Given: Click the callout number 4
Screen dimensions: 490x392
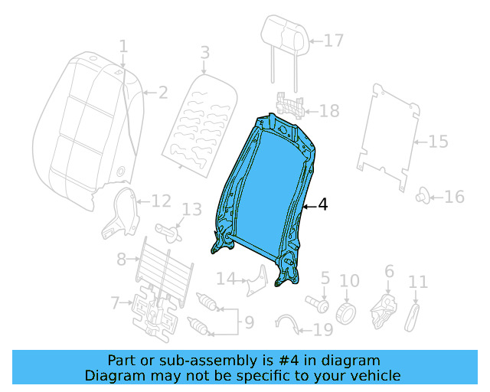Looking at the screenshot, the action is click(322, 205).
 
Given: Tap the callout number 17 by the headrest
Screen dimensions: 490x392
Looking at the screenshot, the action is click(333, 41).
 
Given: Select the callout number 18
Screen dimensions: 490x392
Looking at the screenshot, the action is click(328, 112).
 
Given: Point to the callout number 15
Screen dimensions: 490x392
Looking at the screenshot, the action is click(437, 142).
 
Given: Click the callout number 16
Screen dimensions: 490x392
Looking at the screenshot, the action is click(454, 198).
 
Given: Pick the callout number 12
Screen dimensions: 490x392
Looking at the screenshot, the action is click(161, 201).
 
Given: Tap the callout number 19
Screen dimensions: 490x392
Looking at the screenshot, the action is click(323, 330).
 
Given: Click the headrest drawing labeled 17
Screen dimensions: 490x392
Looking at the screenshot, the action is click(283, 34).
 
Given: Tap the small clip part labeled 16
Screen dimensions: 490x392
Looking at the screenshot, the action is click(422, 198).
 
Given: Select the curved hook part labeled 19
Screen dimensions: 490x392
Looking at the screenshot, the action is click(286, 323).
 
